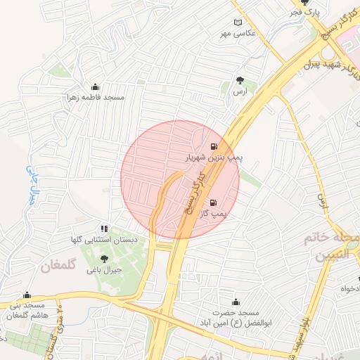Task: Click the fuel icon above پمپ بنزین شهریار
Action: [213, 148]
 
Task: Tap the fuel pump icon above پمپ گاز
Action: [213, 202]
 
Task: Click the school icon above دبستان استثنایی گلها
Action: [104, 229]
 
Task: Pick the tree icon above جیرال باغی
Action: [104, 259]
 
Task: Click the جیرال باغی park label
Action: [104, 269]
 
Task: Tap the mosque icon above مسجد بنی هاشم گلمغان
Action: [27, 295]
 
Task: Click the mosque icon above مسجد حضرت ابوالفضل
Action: [234, 301]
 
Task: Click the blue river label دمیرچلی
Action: [32, 184]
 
